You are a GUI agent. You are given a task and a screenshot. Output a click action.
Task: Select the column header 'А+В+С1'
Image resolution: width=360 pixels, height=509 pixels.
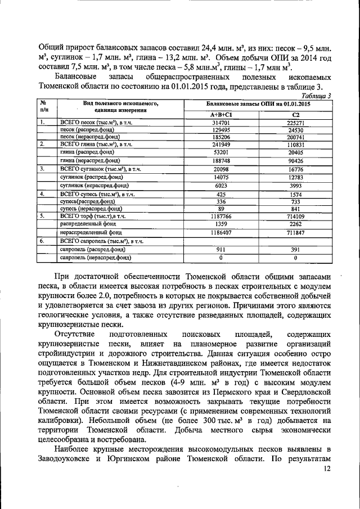(x=221, y=115)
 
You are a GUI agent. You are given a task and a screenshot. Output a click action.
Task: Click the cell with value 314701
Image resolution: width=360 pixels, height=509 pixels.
(x=221, y=123)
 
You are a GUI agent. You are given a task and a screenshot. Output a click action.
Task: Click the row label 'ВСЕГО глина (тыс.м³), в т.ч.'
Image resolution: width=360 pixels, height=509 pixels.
(x=95, y=145)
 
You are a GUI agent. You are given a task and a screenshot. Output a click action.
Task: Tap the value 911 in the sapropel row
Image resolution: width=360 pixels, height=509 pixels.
(x=221, y=249)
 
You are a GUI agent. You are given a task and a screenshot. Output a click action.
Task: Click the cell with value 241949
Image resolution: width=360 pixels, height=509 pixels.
(x=221, y=145)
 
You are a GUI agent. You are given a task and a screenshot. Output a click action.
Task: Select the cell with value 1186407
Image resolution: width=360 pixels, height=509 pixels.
(x=221, y=232)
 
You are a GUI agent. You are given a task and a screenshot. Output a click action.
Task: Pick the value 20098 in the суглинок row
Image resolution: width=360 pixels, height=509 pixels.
(x=221, y=169)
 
